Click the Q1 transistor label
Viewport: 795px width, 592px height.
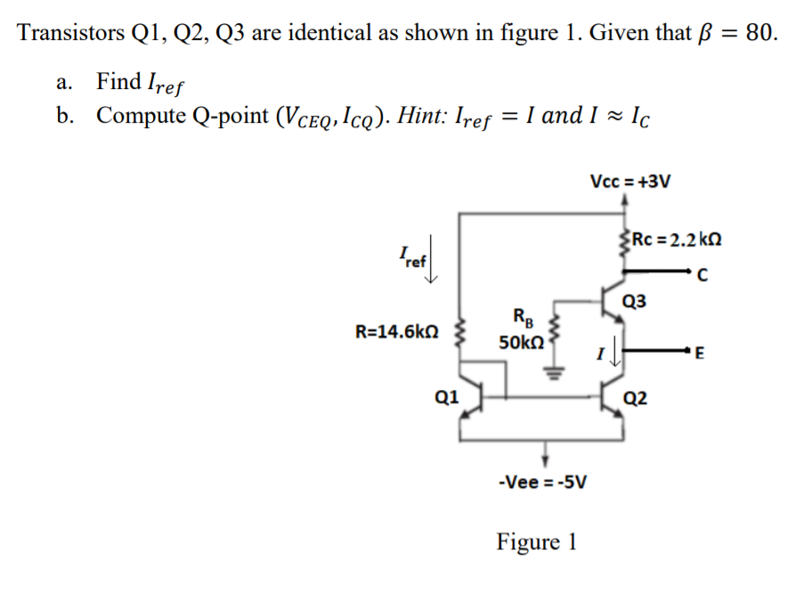click(446, 397)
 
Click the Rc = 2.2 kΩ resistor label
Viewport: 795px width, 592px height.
click(675, 239)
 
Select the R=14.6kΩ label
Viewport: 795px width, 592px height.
click(396, 332)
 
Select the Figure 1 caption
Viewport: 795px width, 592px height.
click(536, 541)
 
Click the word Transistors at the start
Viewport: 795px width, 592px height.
click(69, 34)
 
